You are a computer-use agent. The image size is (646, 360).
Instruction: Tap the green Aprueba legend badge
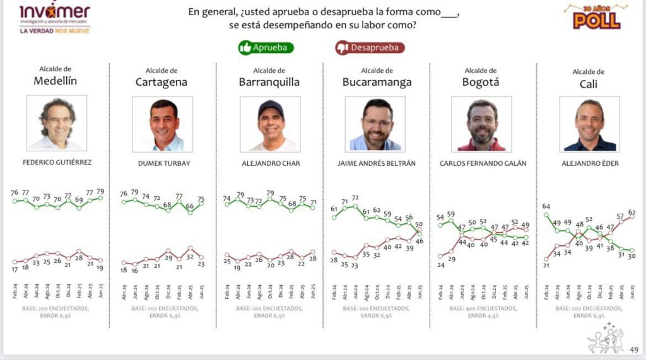click(266, 47)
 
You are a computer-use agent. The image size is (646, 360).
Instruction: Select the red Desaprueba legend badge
click(370, 47)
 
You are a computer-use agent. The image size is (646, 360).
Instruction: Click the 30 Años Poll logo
click(596, 17)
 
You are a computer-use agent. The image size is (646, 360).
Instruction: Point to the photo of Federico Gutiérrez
click(57, 124)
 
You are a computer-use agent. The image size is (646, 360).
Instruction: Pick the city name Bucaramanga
click(377, 82)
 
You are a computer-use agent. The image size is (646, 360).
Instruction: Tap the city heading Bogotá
click(481, 82)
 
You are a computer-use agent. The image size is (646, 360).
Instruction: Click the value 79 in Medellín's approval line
click(100, 191)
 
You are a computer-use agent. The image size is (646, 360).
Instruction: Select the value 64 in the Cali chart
click(545, 206)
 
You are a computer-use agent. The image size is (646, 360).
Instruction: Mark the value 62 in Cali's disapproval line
click(631, 212)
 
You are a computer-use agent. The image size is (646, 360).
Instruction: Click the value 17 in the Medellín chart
click(15, 269)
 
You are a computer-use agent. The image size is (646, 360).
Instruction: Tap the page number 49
click(634, 349)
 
